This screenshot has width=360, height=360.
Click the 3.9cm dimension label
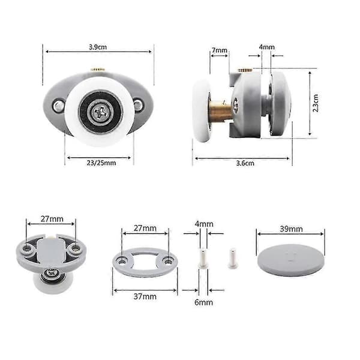(98, 47)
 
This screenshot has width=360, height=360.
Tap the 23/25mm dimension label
(101, 163)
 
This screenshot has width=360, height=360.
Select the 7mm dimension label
(220, 50)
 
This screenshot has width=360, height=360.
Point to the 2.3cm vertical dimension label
(316, 103)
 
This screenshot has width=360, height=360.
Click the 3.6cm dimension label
(245, 163)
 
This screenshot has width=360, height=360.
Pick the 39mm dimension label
(291, 229)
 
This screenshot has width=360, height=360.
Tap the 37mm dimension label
(145, 296)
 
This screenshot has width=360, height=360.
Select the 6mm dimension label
(203, 302)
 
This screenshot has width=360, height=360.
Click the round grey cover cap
(290, 260)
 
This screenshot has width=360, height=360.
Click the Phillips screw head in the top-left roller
(100, 112)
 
